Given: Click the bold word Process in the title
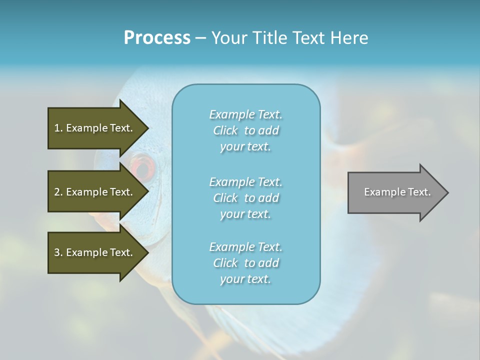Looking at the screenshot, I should point(157,38).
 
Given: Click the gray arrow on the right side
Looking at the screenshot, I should point(395,192).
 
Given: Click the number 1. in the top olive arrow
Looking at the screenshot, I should point(58,128).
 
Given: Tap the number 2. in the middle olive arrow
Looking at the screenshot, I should point(58,192).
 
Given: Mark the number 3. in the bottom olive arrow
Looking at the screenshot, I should point(58,252).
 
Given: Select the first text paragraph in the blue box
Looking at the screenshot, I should point(245,130).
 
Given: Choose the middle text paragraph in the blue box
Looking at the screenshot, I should point(245,198).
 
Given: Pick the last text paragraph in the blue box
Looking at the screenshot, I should point(245,263).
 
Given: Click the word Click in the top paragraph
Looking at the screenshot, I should point(225,131).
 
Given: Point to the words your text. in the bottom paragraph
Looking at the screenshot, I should point(245,279).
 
